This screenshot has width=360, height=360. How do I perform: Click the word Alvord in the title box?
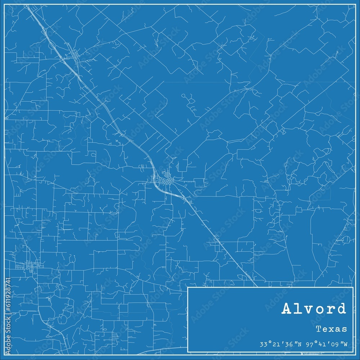314,309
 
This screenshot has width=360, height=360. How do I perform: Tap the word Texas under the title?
332,329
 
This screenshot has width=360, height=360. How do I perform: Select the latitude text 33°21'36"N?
283,344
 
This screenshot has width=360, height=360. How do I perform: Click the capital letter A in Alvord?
287,309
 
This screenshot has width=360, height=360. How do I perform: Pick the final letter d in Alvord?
341,309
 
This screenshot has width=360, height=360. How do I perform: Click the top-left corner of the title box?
188,288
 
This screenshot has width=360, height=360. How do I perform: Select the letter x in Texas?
332,329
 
